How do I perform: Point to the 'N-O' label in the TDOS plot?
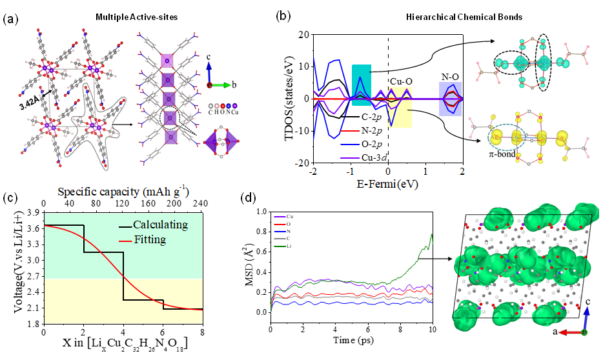451,76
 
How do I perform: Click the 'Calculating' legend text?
160,225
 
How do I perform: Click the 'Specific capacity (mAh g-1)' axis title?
123,192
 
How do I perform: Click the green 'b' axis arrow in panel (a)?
222,85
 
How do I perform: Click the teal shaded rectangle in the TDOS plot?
362,85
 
